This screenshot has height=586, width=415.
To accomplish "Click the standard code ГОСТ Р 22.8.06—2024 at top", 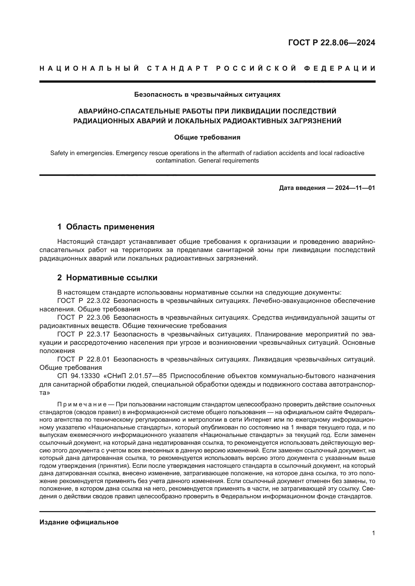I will [x=331, y=43].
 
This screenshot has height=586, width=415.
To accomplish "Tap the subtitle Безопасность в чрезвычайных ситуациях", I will [x=207, y=95].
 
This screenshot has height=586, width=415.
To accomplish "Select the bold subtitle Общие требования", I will [x=207, y=138].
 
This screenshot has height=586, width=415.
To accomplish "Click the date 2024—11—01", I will [x=355, y=188].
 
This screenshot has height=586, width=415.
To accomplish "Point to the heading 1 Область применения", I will [x=106, y=227].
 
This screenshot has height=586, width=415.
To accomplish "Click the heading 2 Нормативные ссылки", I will [x=107, y=278].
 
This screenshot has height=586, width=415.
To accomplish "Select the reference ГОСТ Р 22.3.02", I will [x=84, y=301].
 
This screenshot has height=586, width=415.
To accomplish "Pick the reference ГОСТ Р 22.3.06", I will [x=84, y=318].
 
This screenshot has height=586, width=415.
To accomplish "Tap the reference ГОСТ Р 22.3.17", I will [x=84, y=334].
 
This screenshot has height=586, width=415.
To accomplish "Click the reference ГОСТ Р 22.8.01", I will [x=84, y=359].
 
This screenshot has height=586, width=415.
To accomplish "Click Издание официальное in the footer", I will [x=79, y=522].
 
